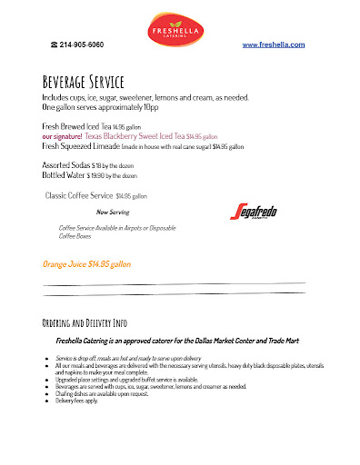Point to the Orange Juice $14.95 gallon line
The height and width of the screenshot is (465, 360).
(x=87, y=263)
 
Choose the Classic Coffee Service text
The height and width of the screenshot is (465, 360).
(x=79, y=195)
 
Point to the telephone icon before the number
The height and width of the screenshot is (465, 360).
(x=55, y=45)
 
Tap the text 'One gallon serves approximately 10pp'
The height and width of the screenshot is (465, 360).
(x=101, y=106)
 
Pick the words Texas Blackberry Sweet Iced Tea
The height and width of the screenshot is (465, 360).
(x=140, y=134)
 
